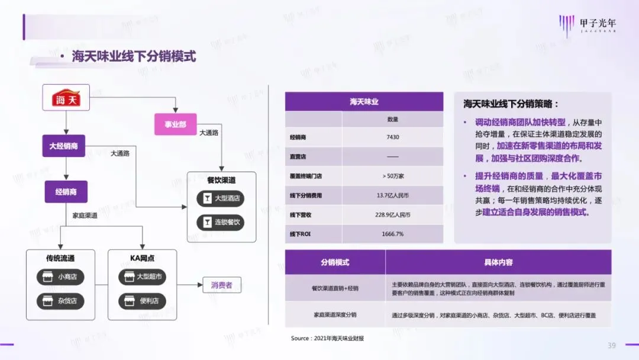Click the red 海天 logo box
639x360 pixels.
coord(66,98)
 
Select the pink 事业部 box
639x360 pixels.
coord(175,124)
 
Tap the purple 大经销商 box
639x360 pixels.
coord(63,146)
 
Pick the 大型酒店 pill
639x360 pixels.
coord(220,198)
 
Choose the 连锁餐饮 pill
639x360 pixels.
coord(220,223)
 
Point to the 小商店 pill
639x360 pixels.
coord(60,277)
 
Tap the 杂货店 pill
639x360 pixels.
coord(60,301)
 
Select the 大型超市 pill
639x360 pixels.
coord(142,277)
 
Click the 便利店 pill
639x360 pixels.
coord(142,301)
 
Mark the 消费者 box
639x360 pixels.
coord(221,285)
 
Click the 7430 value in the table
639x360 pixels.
coord(393,137)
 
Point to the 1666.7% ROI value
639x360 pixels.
coord(393,234)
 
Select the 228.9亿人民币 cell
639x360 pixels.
coord(393,214)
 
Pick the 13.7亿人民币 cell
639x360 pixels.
coord(393,195)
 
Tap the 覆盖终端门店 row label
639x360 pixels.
coord(306,176)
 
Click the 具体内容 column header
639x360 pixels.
coord(498,262)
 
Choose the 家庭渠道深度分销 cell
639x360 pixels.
coord(335,315)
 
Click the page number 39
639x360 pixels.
coord(612,345)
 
